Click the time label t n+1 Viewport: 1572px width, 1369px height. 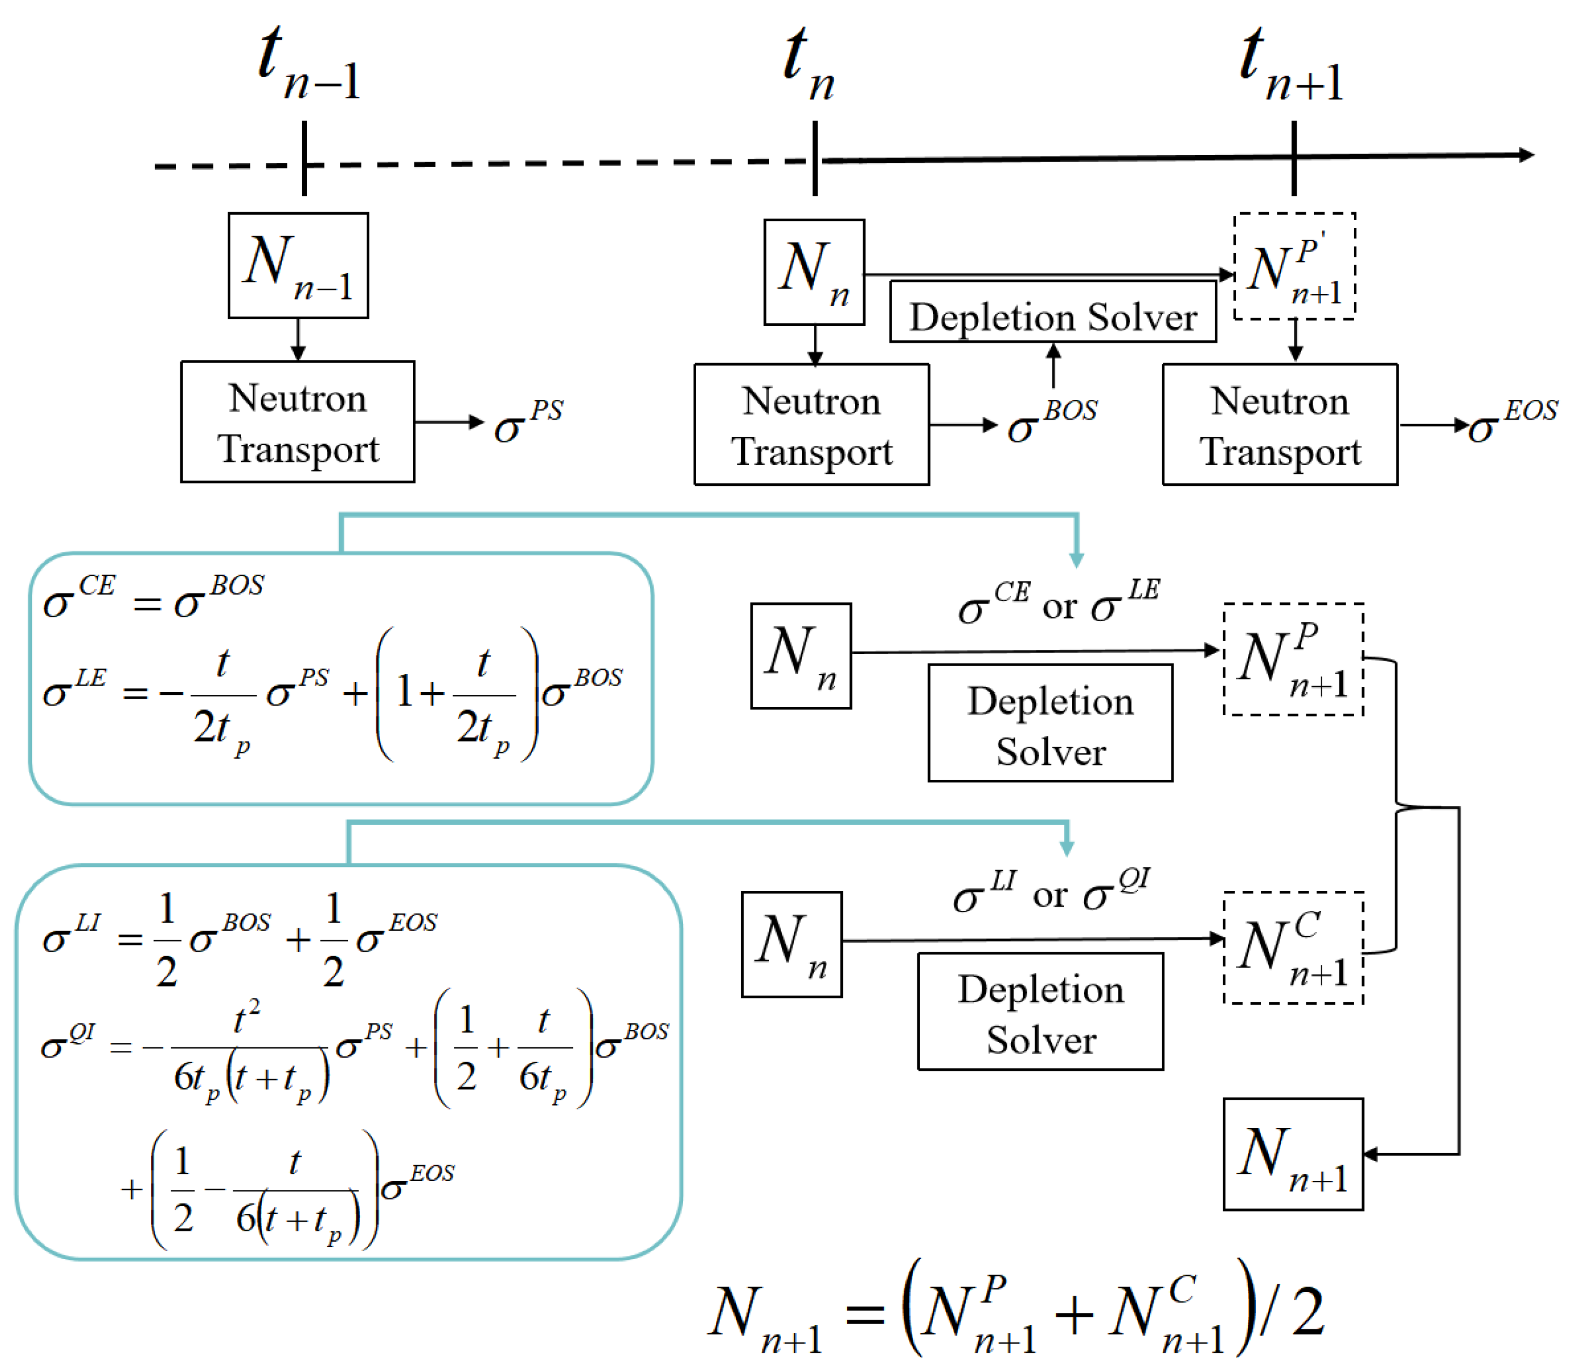tap(1291, 65)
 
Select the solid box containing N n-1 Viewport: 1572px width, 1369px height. tap(298, 265)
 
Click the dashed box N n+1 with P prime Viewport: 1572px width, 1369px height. tap(1293, 266)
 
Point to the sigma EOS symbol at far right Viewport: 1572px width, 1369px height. tap(1512, 423)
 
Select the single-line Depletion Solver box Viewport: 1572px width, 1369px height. tap(1052, 311)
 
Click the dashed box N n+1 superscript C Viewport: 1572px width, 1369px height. tap(1292, 948)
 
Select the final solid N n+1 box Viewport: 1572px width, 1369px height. tap(1292, 1154)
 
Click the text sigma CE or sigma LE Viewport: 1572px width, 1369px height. tap(1058, 604)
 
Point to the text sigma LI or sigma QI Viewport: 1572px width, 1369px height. tap(1050, 892)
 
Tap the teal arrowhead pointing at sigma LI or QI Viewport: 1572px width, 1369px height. tap(1066, 848)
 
